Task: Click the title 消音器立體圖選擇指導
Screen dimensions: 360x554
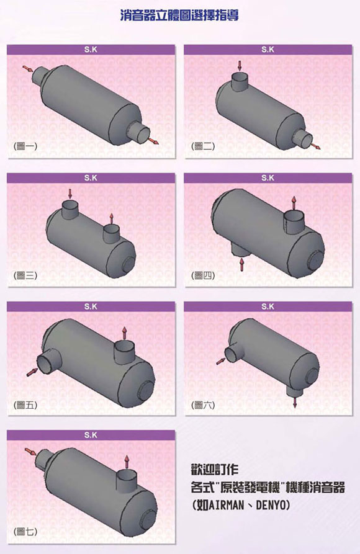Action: point(179,15)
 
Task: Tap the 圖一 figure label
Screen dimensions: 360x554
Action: point(25,146)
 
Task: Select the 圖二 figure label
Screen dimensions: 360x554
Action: point(203,146)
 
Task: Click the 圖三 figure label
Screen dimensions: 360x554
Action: point(25,275)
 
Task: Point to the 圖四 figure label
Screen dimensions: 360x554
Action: point(203,275)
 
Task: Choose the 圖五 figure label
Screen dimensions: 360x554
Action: point(25,405)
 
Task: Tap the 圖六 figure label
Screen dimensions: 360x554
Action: point(203,405)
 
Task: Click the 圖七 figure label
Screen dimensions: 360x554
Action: point(25,531)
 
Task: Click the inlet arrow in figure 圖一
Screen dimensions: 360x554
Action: point(27,68)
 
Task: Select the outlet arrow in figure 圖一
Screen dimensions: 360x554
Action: point(153,141)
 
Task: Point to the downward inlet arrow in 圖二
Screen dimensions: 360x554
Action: point(240,66)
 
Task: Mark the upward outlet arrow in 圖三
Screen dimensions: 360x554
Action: point(111,219)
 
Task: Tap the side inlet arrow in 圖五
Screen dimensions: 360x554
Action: point(32,372)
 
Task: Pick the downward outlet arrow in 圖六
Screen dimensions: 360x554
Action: point(295,402)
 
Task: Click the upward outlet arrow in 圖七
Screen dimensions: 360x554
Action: point(127,462)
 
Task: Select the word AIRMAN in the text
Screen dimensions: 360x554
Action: point(227,505)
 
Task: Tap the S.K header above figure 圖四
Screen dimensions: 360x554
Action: point(268,178)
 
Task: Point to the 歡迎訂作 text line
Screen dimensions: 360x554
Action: point(215,470)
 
